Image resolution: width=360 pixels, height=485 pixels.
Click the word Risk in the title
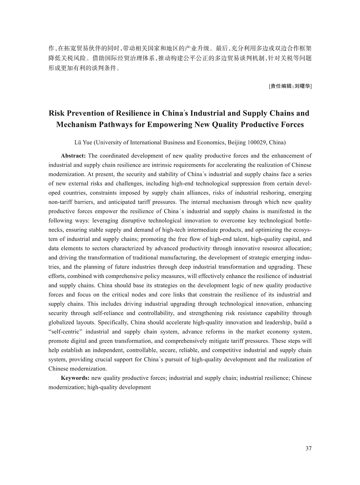pyautogui.click(x=56, y=113)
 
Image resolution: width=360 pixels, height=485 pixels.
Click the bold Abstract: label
pyautogui.click(x=73, y=156)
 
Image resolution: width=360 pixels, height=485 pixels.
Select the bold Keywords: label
pyautogui.click(x=75, y=378)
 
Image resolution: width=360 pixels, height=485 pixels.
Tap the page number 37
pyautogui.click(x=309, y=448)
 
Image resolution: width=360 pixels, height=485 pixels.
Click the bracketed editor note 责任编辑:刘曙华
pyautogui.click(x=290, y=86)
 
